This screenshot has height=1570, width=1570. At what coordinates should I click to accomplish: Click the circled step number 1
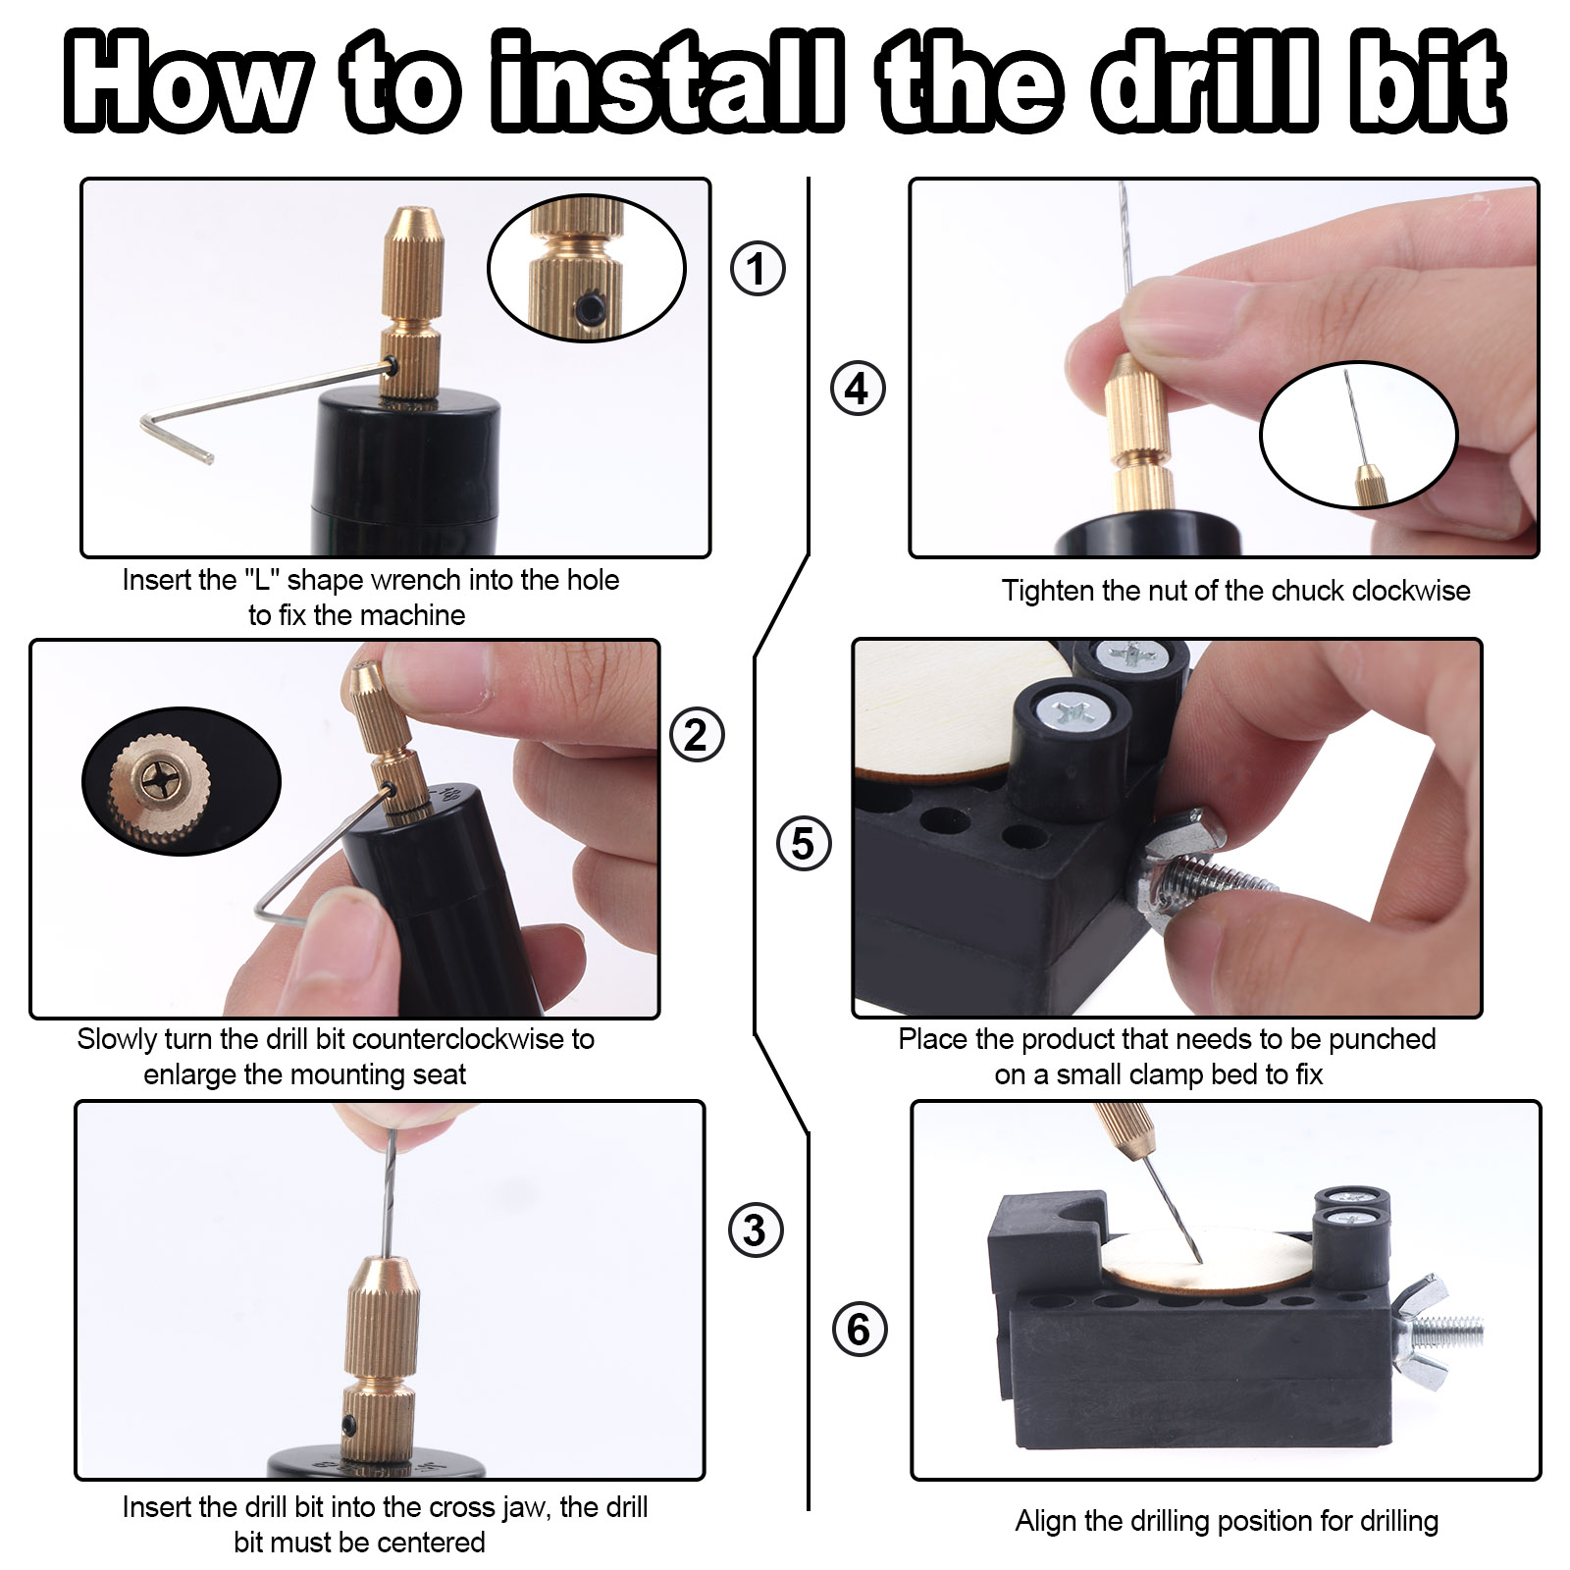coord(758,268)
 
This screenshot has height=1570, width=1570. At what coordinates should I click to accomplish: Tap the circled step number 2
coord(697,735)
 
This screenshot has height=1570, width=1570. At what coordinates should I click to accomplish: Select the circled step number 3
coord(756,1230)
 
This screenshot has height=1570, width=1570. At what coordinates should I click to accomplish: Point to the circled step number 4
coord(858,389)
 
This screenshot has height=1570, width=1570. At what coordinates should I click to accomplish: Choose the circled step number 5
coord(804,844)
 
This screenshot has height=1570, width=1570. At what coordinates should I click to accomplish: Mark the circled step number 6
coord(860,1330)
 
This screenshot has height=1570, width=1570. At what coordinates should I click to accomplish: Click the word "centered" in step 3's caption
coord(431,1543)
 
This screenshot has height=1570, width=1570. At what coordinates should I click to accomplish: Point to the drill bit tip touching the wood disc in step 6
coord(1200,1262)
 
